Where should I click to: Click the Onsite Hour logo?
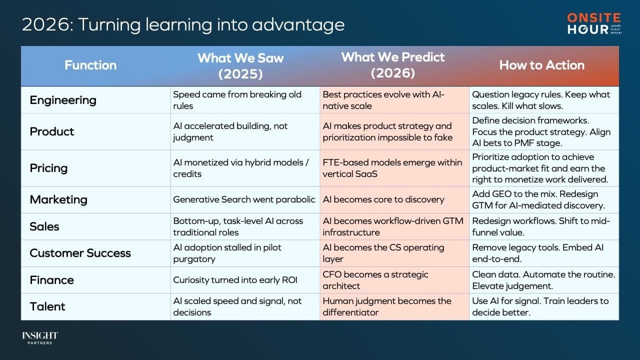[x=594, y=24]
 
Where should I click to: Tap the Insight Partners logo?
[x=40, y=338]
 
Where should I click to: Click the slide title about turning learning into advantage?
[x=183, y=24]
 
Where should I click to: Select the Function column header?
[x=90, y=65]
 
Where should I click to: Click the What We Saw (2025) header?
[x=240, y=65]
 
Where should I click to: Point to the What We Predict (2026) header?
[x=393, y=65]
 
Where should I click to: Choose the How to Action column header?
[x=541, y=65]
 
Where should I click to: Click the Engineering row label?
[x=63, y=100]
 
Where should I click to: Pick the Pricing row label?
[x=49, y=168]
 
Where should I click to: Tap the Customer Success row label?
[x=80, y=253]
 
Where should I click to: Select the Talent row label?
[x=47, y=306]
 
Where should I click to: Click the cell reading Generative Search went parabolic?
[x=244, y=199]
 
